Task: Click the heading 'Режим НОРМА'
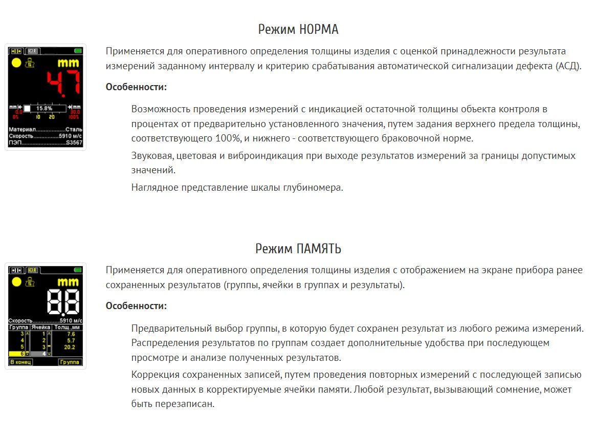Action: [x=298, y=30]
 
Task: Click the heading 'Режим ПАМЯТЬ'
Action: [x=298, y=249]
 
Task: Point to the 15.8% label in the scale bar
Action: [x=45, y=109]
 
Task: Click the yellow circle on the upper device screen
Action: [x=16, y=63]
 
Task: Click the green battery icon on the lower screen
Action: [x=78, y=270]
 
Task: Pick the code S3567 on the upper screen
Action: [x=74, y=143]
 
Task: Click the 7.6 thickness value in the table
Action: [x=71, y=334]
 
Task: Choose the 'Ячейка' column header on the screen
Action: [x=41, y=327]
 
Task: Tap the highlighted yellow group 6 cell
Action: [x=18, y=354]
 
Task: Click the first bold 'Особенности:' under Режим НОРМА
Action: [x=136, y=87]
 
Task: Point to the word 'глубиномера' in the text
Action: [x=313, y=188]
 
